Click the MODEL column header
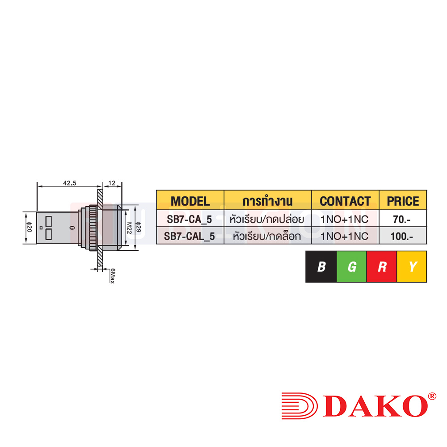pyautogui.click(x=190, y=201)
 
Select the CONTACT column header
pyautogui.click(x=345, y=201)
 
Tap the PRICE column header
pyautogui.click(x=403, y=201)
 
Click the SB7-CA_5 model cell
pyautogui.click(x=190, y=219)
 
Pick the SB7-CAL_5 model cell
pyautogui.click(x=190, y=236)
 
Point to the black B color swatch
pyautogui.click(x=321, y=267)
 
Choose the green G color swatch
pyautogui.click(x=351, y=267)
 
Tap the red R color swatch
pyautogui.click(x=382, y=267)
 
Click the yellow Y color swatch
pyautogui.click(x=412, y=267)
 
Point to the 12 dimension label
pyautogui.click(x=112, y=183)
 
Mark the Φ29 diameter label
pyautogui.click(x=139, y=227)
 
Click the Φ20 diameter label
pyautogui.click(x=28, y=227)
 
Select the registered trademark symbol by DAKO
pyautogui.click(x=432, y=396)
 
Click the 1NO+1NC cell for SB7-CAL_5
pyautogui.click(x=345, y=236)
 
